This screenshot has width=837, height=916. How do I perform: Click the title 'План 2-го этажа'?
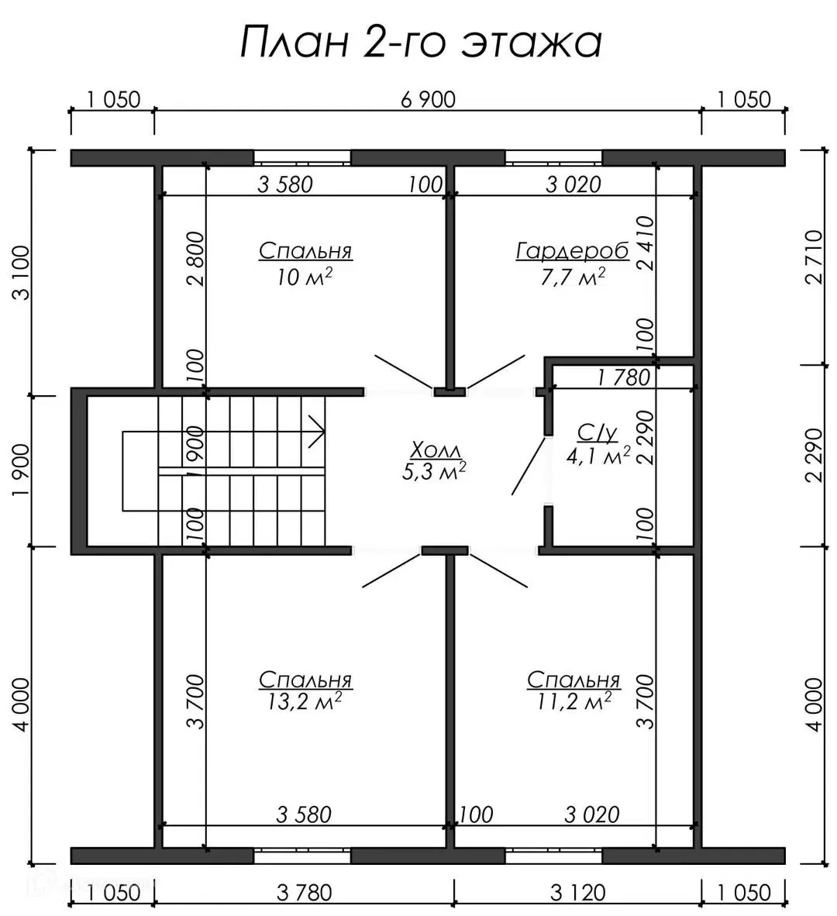pos(421,43)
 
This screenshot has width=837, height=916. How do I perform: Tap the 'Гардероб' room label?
pos(573,251)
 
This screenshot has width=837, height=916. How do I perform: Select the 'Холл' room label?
pos(435,450)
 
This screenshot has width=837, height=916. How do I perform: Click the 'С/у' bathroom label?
pos(597,433)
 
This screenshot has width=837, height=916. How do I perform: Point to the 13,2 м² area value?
pos(305,701)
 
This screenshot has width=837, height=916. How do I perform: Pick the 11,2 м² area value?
pos(573,701)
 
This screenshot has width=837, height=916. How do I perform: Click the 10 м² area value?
pos(305,277)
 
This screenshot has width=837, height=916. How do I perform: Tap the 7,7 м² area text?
pos(573,277)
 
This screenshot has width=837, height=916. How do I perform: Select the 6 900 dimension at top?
pos(428,100)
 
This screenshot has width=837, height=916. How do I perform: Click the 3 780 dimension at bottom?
pos(305,893)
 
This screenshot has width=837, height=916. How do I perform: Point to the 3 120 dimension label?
pos(577,893)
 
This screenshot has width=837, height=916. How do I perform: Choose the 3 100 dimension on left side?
pos(22,273)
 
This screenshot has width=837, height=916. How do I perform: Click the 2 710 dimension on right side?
pos(814,257)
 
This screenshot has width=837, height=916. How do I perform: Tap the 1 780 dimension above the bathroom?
pos(623,378)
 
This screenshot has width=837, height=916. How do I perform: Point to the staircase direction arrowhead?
pos(316,432)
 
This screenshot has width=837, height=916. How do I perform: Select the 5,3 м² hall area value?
pos(434,472)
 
